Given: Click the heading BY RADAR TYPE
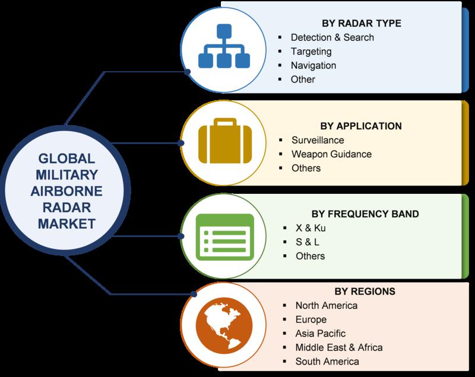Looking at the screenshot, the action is [x=362, y=23].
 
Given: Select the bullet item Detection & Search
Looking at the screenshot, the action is [x=332, y=37].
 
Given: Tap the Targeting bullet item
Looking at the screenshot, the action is [x=311, y=52].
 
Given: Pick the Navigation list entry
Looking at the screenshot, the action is [x=313, y=65].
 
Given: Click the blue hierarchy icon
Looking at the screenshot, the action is [x=224, y=46].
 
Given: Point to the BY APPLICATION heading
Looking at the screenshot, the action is [x=361, y=126].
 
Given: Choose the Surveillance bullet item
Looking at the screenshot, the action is [x=318, y=140].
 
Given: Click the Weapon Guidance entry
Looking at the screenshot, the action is [x=331, y=154].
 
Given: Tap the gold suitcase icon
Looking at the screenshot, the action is [x=225, y=141].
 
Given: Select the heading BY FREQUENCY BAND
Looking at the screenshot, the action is [x=365, y=214].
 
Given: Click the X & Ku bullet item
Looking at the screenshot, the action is [x=311, y=228].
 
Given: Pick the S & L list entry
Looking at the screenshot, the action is [x=307, y=242].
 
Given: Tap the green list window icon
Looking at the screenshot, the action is [x=225, y=237].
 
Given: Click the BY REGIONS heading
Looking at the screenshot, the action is [x=365, y=291].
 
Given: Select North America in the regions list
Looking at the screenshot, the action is [x=326, y=305].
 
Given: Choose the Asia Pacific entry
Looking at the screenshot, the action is [x=320, y=334].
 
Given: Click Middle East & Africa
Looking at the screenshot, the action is [x=338, y=347].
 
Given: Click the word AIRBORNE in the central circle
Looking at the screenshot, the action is [x=66, y=191].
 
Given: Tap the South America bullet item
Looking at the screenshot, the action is [x=327, y=362].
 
